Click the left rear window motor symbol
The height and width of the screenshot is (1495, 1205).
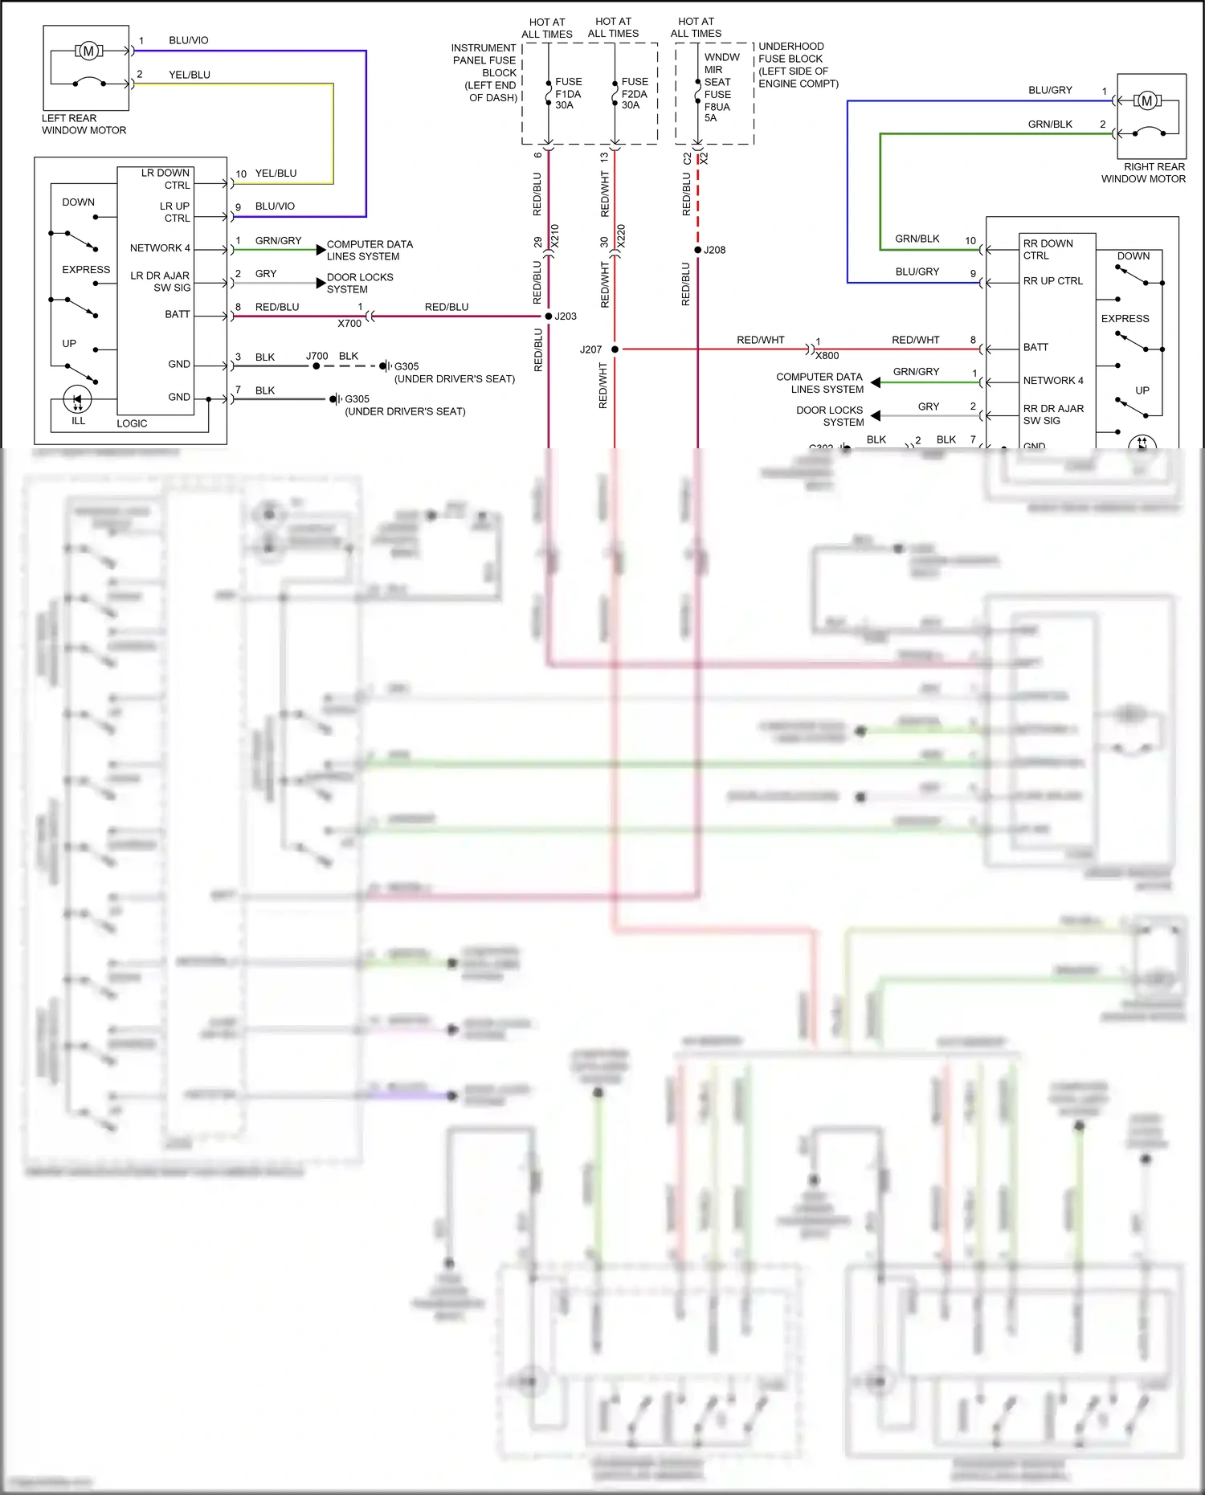click(x=88, y=51)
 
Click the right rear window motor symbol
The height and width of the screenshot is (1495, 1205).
click(x=1146, y=100)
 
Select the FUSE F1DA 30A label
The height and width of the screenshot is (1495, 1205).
click(x=568, y=93)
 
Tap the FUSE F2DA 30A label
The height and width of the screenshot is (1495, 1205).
click(x=634, y=93)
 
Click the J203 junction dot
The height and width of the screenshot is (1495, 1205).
click(x=549, y=317)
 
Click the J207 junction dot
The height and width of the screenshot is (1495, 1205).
click(x=615, y=349)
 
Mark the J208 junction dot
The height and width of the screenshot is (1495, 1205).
click(x=697, y=250)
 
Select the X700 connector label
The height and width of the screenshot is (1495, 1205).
click(x=349, y=324)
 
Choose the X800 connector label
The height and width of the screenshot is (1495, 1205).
click(x=827, y=356)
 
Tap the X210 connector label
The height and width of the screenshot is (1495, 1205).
click(x=554, y=235)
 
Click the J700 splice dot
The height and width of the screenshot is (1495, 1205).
click(x=317, y=366)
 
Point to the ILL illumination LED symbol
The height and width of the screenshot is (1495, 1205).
click(x=78, y=399)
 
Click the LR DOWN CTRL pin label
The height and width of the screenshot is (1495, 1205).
click(x=165, y=179)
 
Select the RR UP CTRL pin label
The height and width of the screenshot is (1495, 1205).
click(x=1052, y=281)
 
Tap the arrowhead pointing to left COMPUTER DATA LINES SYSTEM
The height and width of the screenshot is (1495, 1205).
click(x=321, y=250)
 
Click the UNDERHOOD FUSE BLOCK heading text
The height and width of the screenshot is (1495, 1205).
click(x=790, y=53)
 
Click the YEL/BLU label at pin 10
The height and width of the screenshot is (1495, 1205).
click(x=276, y=174)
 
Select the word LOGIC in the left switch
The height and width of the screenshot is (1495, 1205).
click(x=132, y=423)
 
